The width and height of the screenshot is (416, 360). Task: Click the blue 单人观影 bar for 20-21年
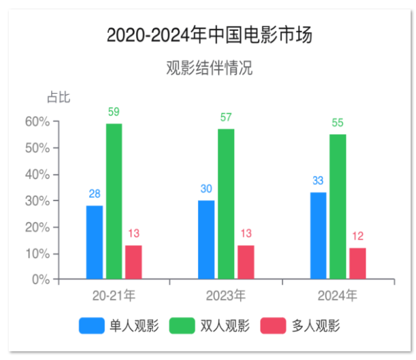pyautogui.click(x=95, y=242)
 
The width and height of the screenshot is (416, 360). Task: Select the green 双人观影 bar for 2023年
pyautogui.click(x=225, y=204)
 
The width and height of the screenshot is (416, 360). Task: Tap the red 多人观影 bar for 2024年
pyautogui.click(x=358, y=263)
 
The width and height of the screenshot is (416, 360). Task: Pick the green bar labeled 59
pyautogui.click(x=114, y=201)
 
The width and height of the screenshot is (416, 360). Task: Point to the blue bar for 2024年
pyautogui.click(x=318, y=235)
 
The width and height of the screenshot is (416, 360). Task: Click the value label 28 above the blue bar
pyautogui.click(x=95, y=194)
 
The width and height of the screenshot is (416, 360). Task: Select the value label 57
pyautogui.click(x=226, y=118)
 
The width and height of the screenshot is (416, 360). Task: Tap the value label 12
pyautogui.click(x=358, y=237)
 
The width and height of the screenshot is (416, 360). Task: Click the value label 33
pyautogui.click(x=318, y=181)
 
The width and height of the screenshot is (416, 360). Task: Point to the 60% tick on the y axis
pyautogui.click(x=38, y=121)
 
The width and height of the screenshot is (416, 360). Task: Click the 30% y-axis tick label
pyautogui.click(x=38, y=201)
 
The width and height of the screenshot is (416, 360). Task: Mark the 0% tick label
pyautogui.click(x=41, y=280)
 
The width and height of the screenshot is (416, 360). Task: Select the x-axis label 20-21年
pyautogui.click(x=114, y=296)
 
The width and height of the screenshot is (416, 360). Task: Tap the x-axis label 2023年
pyautogui.click(x=226, y=296)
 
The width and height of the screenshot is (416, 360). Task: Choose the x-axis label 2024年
pyautogui.click(x=337, y=296)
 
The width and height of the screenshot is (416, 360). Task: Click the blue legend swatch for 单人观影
pyautogui.click(x=91, y=326)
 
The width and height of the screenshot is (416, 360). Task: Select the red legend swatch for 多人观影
pyautogui.click(x=272, y=326)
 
